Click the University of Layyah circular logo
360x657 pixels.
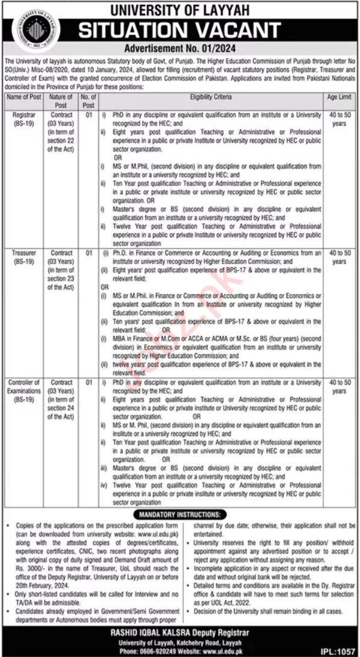[33, 30]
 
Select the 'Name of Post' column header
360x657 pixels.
[23, 96]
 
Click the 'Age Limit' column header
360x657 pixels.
[339, 96]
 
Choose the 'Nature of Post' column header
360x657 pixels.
[61, 100]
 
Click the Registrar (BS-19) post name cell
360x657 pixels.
[23, 118]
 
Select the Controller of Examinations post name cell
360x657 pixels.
[23, 390]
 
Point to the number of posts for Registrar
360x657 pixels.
[88, 114]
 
